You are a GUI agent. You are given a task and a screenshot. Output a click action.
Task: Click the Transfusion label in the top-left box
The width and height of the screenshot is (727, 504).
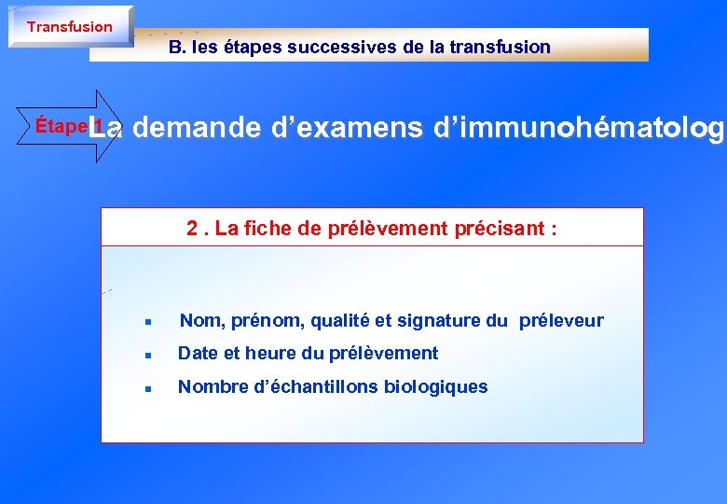pyautogui.click(x=70, y=27)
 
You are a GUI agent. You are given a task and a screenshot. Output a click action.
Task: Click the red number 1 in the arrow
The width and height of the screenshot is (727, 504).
pyautogui.click(x=97, y=126)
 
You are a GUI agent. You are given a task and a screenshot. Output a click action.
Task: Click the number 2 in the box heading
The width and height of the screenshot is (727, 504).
pyautogui.click(x=191, y=229)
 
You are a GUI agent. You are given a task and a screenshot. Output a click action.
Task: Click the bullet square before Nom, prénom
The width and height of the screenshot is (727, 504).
pyautogui.click(x=147, y=322)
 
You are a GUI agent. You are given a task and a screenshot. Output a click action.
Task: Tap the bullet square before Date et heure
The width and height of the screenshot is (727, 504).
pyautogui.click(x=147, y=355)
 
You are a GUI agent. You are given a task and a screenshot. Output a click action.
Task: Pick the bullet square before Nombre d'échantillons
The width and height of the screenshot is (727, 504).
pyautogui.click(x=147, y=388)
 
